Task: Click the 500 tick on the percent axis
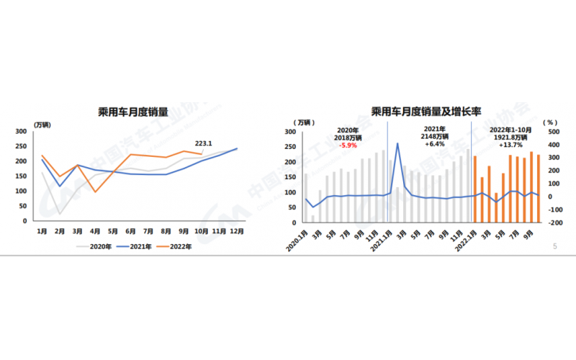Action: tap(554, 132)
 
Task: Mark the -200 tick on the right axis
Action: tap(554, 222)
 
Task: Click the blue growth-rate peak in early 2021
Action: tap(397, 143)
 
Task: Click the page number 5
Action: tap(554, 246)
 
